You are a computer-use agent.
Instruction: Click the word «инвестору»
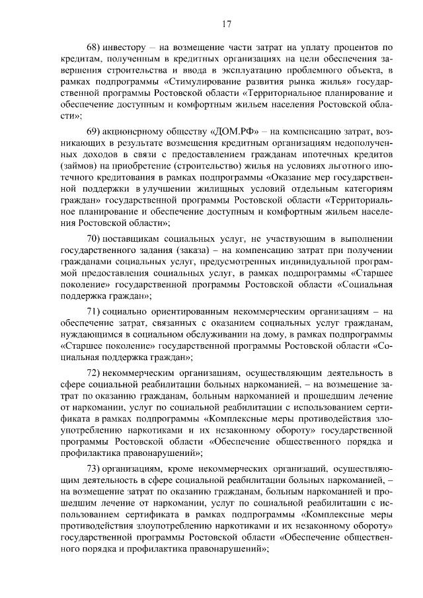[x=131, y=48]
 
